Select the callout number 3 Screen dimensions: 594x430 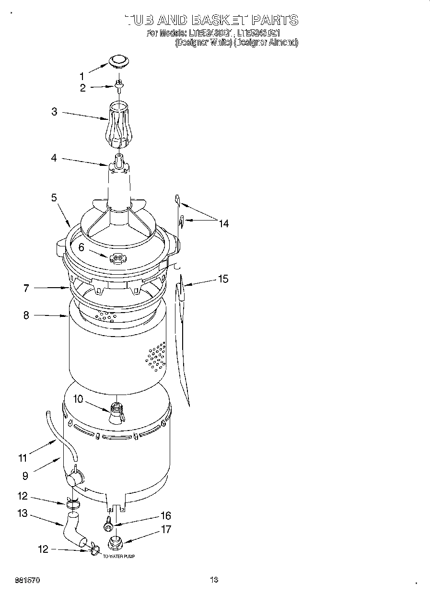(54, 112)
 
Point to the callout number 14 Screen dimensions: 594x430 (223, 223)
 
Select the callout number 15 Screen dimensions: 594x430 (223, 279)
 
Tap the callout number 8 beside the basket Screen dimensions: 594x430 (26, 315)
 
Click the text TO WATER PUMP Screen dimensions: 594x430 (119, 557)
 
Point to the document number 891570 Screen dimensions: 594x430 (27, 580)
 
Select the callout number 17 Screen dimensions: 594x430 (165, 530)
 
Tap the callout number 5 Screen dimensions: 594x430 (54, 197)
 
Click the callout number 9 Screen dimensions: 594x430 (25, 476)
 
